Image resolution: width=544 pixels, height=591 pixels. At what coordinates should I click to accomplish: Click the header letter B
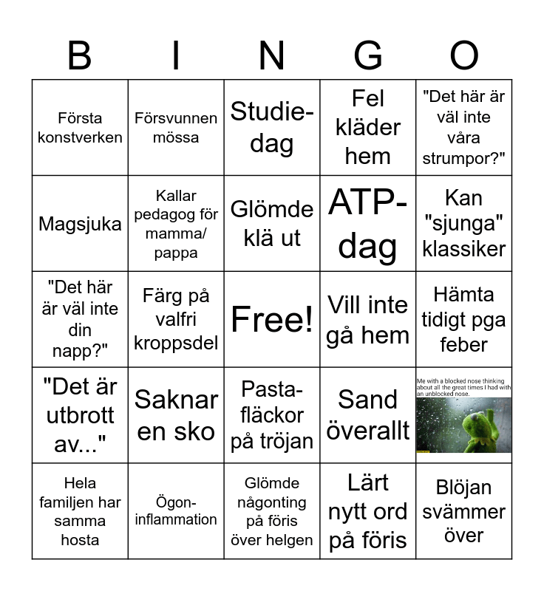(80, 55)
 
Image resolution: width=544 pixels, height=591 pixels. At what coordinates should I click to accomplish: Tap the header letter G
(368, 55)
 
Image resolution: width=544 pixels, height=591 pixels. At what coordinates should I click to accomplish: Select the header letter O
(464, 55)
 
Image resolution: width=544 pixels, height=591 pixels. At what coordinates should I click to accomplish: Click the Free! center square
(272, 319)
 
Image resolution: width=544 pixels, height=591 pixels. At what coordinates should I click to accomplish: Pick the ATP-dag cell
(368, 224)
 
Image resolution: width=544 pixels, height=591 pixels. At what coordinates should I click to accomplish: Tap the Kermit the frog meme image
(464, 415)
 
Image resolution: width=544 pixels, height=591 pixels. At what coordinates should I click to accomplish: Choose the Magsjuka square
(80, 224)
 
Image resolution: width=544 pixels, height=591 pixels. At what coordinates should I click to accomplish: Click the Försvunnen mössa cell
(176, 128)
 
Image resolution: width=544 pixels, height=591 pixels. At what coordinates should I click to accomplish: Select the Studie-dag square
(272, 128)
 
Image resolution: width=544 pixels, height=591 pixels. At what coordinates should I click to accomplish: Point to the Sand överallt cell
(368, 415)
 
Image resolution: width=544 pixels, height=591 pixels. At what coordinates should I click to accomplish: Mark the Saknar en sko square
(176, 415)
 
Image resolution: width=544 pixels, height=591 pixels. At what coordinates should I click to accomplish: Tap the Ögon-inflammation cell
(176, 511)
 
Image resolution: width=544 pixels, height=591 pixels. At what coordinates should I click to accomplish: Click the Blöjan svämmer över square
(464, 511)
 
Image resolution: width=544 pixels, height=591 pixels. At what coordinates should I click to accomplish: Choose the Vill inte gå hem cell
(368, 319)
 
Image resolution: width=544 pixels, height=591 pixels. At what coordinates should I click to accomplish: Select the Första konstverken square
(80, 128)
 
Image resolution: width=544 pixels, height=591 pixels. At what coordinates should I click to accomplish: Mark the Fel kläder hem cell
(368, 128)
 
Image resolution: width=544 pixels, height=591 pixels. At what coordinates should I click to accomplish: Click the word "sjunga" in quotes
(464, 223)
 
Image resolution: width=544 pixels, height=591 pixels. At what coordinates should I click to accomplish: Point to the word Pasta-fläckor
(272, 402)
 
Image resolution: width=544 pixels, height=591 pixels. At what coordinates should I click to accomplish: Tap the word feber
(464, 345)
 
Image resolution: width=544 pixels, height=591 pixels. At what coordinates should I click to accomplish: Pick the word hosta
(80, 540)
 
